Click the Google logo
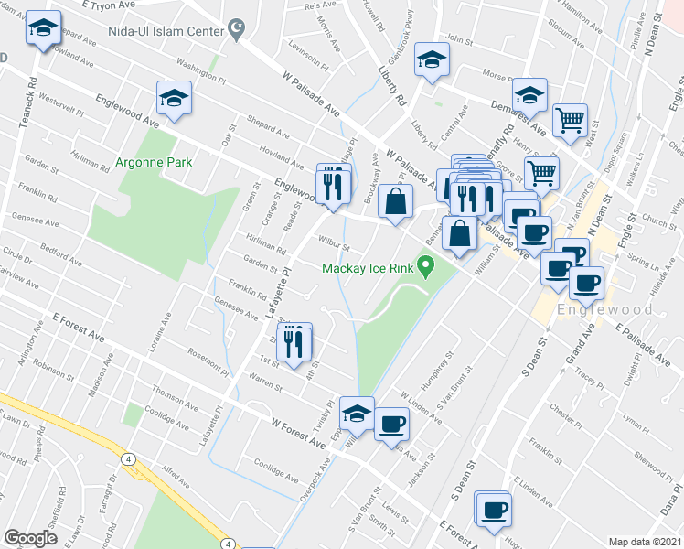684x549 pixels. pyautogui.click(x=30, y=538)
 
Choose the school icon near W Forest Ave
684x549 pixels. pyautogui.click(x=357, y=414)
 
